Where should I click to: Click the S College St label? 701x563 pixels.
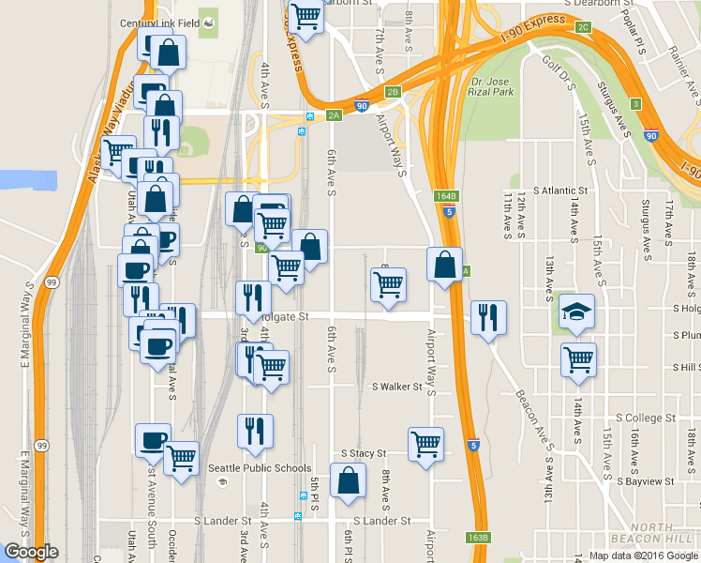click(645, 418)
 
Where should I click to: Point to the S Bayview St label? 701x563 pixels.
click(646, 481)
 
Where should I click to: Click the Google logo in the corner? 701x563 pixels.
click(31, 552)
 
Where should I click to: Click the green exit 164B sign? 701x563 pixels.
click(447, 196)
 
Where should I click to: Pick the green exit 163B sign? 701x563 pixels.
click(477, 538)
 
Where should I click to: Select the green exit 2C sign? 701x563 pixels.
click(583, 27)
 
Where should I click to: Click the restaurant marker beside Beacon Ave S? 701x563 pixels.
click(488, 319)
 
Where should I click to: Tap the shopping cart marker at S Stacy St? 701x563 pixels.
click(425, 445)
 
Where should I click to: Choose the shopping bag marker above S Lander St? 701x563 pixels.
click(348, 480)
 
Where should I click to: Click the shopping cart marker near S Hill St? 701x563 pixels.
click(579, 359)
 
